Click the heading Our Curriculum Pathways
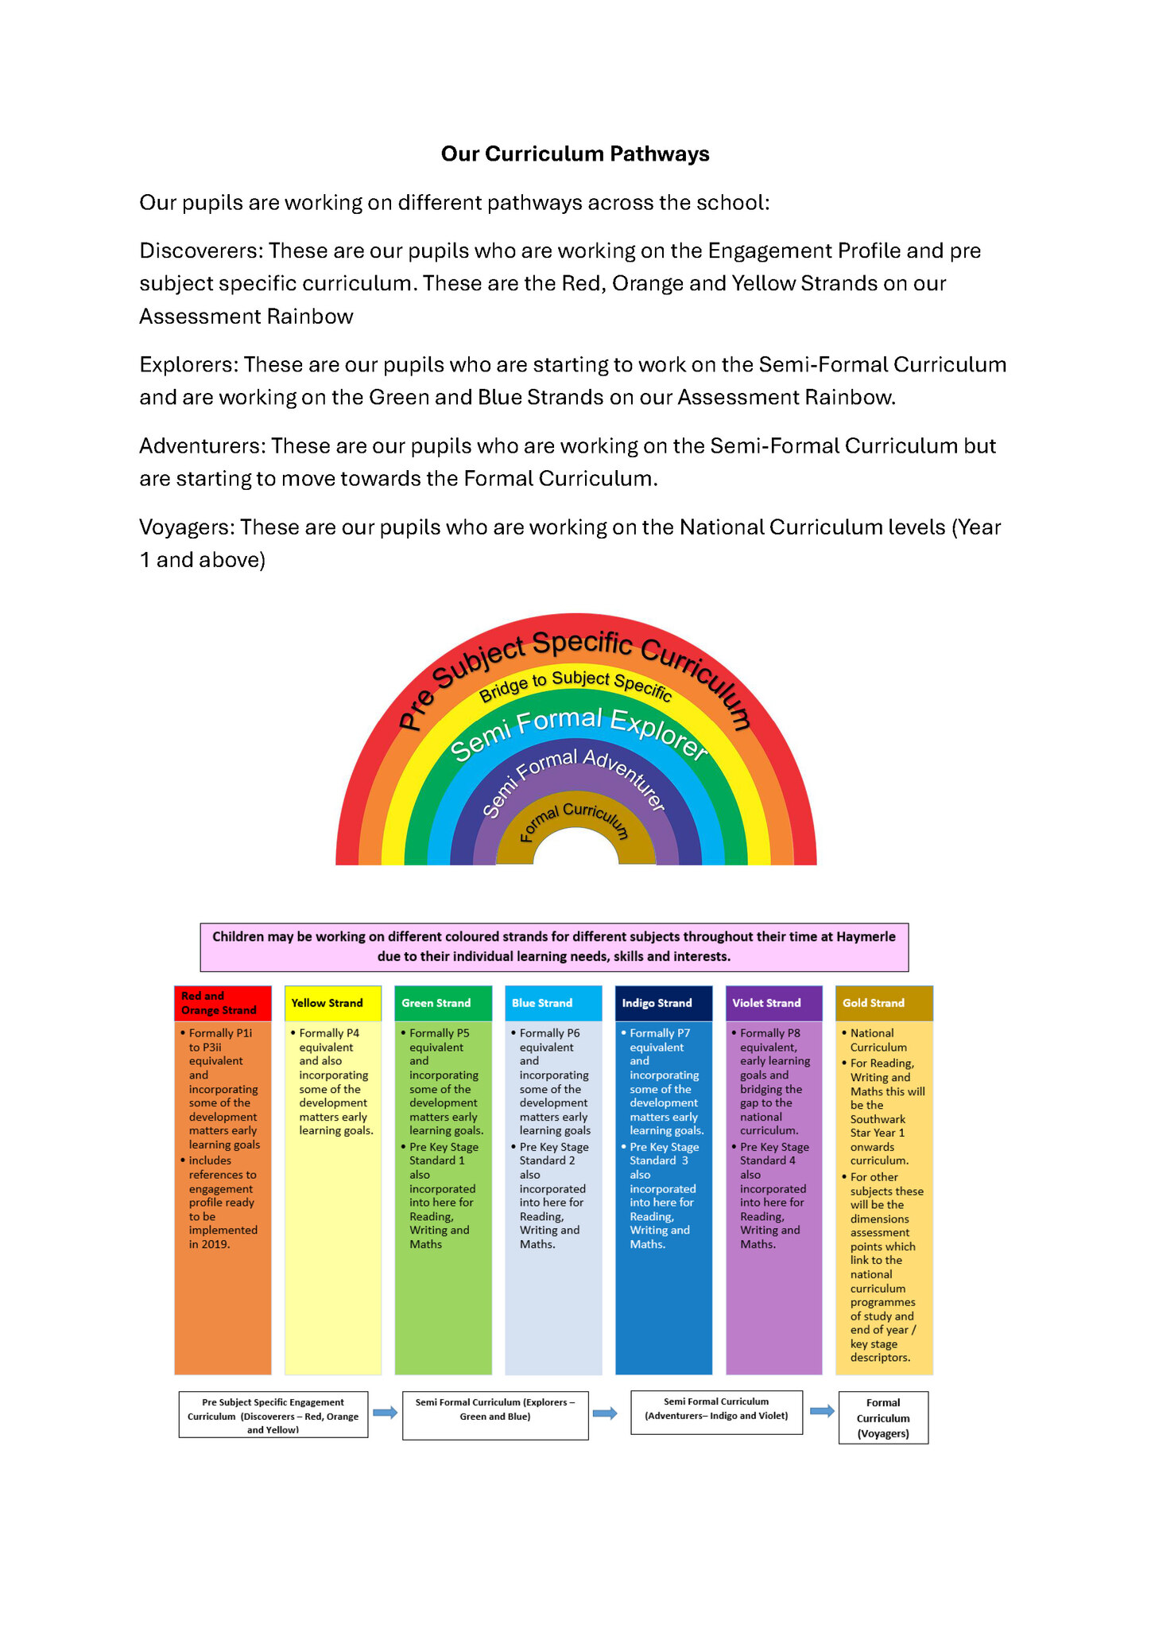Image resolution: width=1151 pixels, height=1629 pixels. pos(575,154)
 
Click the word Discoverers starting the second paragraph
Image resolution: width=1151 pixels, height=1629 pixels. pos(200,251)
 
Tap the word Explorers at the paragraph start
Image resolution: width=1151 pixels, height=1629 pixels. pos(188,364)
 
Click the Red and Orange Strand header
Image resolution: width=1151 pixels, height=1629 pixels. pos(223,1003)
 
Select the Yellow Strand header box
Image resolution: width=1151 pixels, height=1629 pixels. pos(332,1003)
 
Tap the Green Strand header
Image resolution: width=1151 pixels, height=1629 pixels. pos(443,1003)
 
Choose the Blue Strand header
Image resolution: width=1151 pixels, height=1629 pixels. pos(553,1003)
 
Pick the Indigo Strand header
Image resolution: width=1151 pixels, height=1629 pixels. pos(663,1003)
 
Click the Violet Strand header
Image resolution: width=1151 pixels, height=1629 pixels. pos(773,1003)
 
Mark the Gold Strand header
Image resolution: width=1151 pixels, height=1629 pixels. pos(884,1003)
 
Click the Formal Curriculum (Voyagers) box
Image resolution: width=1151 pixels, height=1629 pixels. pos(883,1417)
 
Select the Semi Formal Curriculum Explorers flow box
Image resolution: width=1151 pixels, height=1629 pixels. pos(495,1415)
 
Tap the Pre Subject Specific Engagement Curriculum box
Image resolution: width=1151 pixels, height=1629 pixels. pos(273,1414)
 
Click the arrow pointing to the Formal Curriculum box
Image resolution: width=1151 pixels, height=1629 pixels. pos(822,1411)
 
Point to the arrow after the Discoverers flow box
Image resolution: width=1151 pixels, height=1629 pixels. pos(386,1413)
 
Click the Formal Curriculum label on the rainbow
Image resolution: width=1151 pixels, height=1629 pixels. pos(574,820)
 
